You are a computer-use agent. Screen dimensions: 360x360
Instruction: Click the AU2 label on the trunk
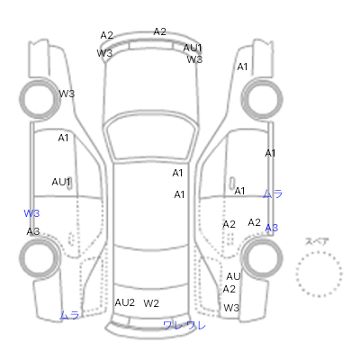click(x=125, y=302)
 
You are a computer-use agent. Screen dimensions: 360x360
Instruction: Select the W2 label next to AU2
click(x=151, y=303)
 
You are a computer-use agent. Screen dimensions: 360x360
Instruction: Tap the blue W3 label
click(x=31, y=213)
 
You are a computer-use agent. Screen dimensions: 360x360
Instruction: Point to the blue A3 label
click(x=272, y=228)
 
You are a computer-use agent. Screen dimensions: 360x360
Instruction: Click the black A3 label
click(x=33, y=231)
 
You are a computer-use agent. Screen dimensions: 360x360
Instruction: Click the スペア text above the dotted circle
click(x=317, y=241)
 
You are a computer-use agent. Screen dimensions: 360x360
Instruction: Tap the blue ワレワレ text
click(x=184, y=326)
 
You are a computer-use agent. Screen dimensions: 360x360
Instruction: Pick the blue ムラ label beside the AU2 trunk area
click(x=69, y=315)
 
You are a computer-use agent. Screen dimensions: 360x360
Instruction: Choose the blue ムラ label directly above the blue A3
click(x=273, y=194)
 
